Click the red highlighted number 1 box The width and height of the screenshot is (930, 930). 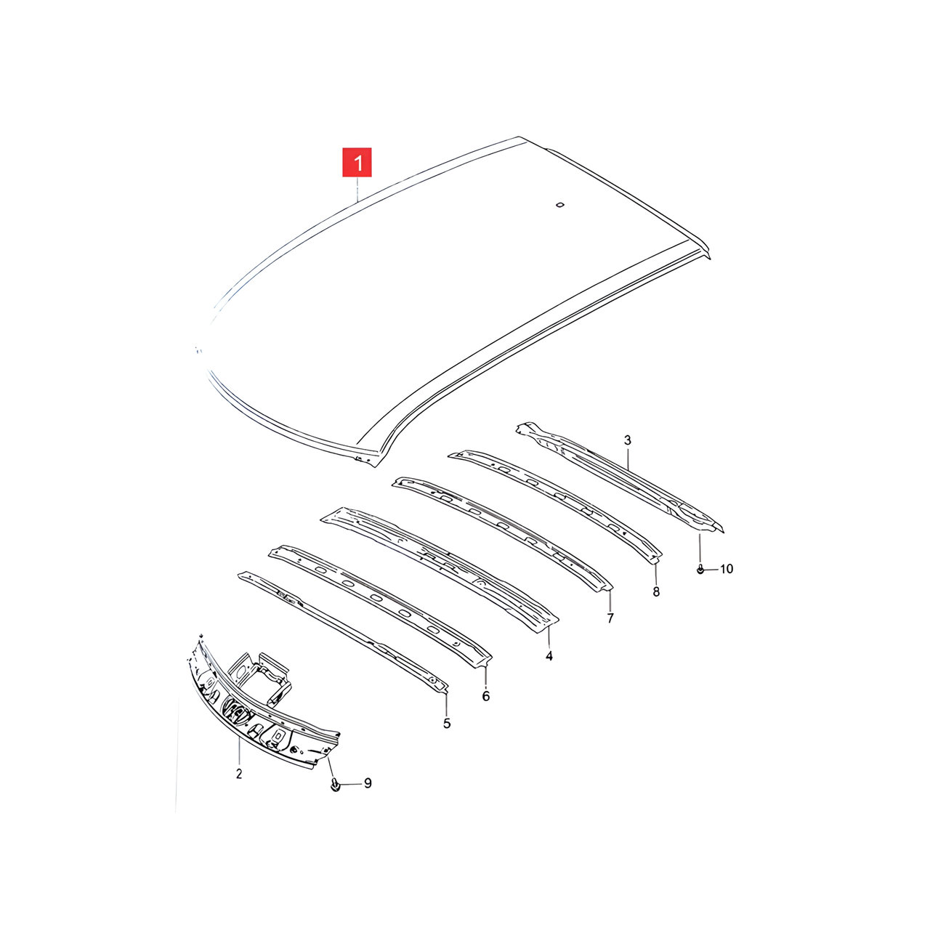click(357, 162)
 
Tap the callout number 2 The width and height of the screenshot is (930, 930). click(239, 774)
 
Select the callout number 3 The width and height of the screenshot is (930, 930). click(628, 440)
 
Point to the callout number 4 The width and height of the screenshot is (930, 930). click(549, 655)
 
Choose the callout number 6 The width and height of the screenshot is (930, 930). click(485, 696)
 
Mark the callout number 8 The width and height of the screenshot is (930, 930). click(656, 591)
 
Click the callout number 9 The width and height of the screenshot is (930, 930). click(368, 797)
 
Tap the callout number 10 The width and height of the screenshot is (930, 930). click(727, 569)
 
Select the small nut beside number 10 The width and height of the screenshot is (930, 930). click(700, 570)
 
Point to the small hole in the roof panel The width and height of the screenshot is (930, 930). click(560, 205)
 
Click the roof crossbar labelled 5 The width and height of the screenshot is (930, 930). click(343, 633)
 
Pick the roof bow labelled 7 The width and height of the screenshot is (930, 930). click(502, 533)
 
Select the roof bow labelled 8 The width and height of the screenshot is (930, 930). click(555, 506)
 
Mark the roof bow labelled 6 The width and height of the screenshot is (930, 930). click(380, 607)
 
